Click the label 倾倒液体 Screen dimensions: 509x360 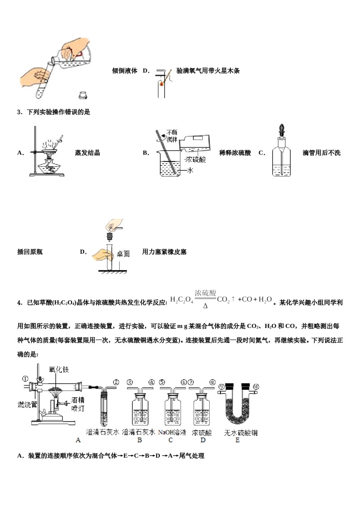coord(124,71)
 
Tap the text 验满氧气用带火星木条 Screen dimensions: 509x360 coord(208,71)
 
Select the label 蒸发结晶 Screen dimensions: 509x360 coord(88,153)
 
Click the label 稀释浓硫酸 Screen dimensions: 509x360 coord(235,153)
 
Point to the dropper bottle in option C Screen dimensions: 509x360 coord(281,159)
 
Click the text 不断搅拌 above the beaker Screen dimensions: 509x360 coord(172,136)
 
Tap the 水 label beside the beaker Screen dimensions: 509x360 coord(190,170)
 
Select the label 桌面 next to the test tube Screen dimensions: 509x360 coord(123,254)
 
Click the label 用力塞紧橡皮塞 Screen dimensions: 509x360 coord(164,252)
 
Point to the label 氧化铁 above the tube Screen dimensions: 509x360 coord(59,369)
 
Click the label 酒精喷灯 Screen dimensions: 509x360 coord(78,404)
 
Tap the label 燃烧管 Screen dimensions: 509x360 coord(27,404)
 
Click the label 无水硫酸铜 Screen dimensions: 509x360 coord(241,432)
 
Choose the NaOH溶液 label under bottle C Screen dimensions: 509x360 coord(172,432)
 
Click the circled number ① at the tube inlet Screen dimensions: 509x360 coord(25,378)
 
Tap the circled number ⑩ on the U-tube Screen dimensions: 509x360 coord(256,387)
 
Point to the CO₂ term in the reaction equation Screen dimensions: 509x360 coord(223,300)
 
